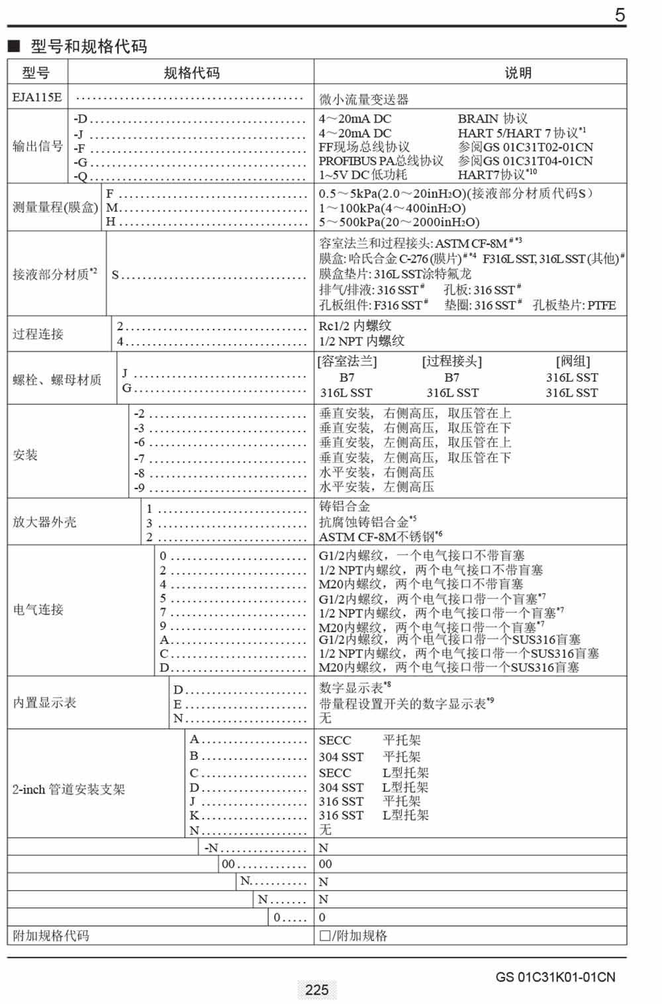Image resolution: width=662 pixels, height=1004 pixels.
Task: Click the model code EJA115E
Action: [x=37, y=97]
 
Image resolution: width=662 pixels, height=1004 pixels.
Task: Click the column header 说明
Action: [x=518, y=73]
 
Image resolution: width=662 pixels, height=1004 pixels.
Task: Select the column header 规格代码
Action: [x=191, y=73]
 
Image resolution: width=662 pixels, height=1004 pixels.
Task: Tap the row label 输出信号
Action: [x=38, y=146]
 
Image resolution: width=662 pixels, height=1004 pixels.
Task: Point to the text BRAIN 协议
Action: [x=492, y=118]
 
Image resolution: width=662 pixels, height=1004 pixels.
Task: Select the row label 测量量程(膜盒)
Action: [x=55, y=208]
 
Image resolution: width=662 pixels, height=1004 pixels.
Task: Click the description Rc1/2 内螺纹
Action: [x=355, y=326]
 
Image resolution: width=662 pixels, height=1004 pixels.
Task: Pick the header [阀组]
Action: [x=573, y=361]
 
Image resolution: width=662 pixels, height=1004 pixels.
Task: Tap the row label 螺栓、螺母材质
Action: [x=57, y=380]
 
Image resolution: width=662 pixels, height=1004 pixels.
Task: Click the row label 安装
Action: [x=25, y=455]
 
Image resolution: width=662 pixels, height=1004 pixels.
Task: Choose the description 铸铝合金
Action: [x=344, y=506]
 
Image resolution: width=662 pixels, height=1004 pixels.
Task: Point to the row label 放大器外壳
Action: [x=44, y=522]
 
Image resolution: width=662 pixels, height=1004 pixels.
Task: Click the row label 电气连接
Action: [x=38, y=610]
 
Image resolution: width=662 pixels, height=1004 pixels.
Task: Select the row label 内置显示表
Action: [x=44, y=702]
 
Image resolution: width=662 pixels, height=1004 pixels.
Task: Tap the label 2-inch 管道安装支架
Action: [x=69, y=790]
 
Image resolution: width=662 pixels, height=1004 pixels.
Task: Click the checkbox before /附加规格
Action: [x=325, y=936]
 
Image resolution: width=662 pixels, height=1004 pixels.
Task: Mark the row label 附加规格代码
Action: [x=51, y=936]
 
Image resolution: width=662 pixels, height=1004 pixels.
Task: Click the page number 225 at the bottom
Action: [x=317, y=990]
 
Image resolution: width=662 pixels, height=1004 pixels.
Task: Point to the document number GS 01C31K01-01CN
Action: [x=555, y=977]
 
